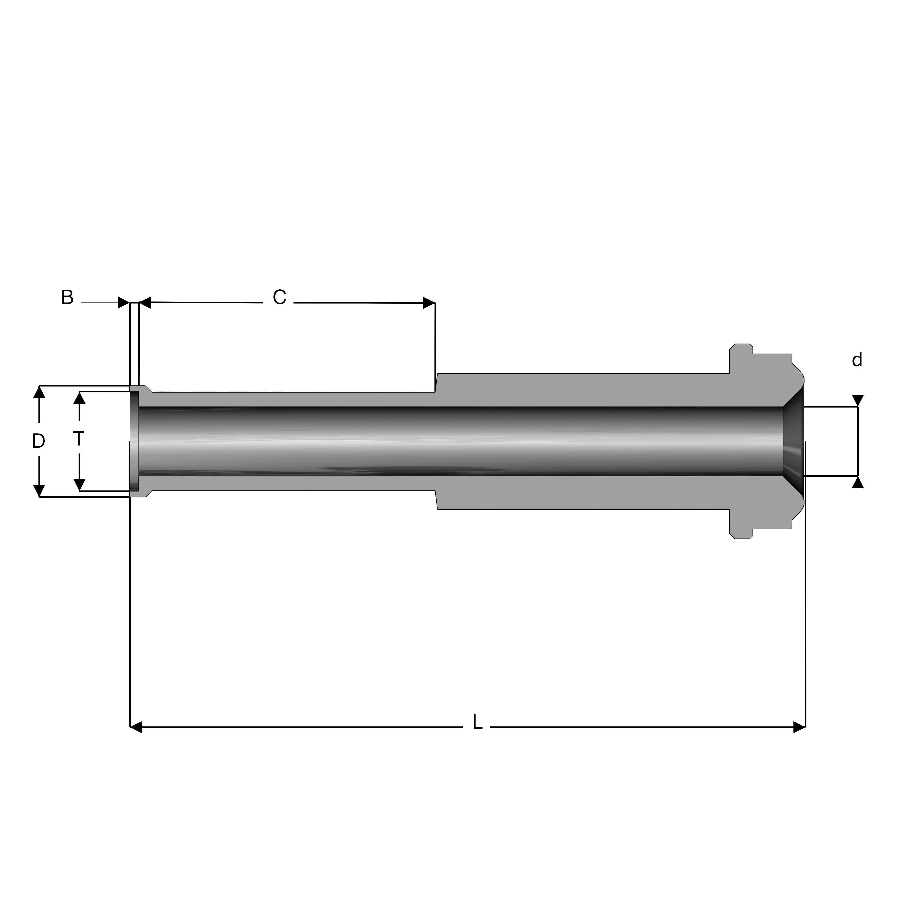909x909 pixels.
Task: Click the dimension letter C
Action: pos(279,297)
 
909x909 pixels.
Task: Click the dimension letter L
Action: pos(477,723)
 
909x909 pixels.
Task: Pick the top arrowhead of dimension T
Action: pos(80,398)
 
